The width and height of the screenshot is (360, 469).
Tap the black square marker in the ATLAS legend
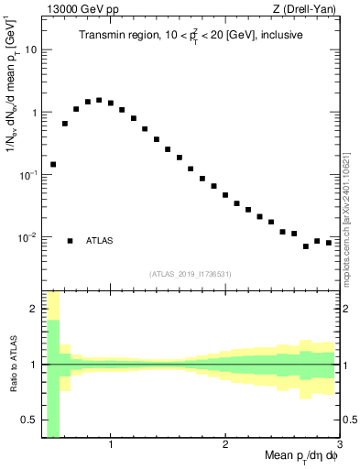pyautogui.click(x=70, y=241)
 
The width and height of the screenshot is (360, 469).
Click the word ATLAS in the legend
pyautogui.click(x=100, y=241)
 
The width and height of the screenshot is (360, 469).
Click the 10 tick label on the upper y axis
pyautogui.click(x=30, y=49)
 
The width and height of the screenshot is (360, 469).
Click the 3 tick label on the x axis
pyautogui.click(x=339, y=444)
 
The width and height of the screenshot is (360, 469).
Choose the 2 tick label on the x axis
pyautogui.click(x=225, y=444)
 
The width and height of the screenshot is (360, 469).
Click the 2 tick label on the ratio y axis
pyautogui.click(x=33, y=309)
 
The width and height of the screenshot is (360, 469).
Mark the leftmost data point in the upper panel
pyautogui.click(x=53, y=165)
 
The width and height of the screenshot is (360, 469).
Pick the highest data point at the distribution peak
pyautogui.click(x=99, y=100)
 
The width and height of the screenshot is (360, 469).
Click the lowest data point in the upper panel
pyautogui.click(x=306, y=246)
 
